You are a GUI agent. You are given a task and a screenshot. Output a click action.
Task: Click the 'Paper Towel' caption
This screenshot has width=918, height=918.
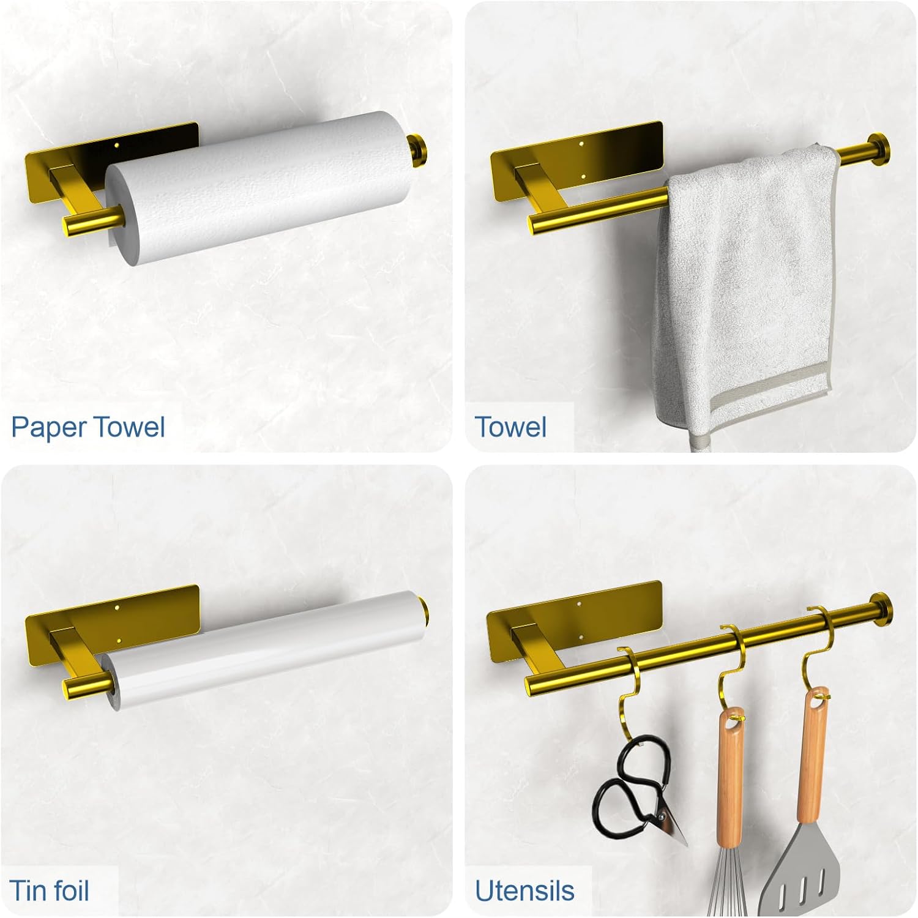tap(88, 427)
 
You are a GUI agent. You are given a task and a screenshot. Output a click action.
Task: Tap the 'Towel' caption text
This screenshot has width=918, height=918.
tap(510, 427)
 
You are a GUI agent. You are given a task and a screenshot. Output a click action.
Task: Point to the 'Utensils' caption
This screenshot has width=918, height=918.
tap(524, 890)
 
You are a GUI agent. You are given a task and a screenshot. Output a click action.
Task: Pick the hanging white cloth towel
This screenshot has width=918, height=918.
tap(744, 288)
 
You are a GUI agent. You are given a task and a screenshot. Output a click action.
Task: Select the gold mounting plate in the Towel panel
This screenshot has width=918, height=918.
tap(577, 162)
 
